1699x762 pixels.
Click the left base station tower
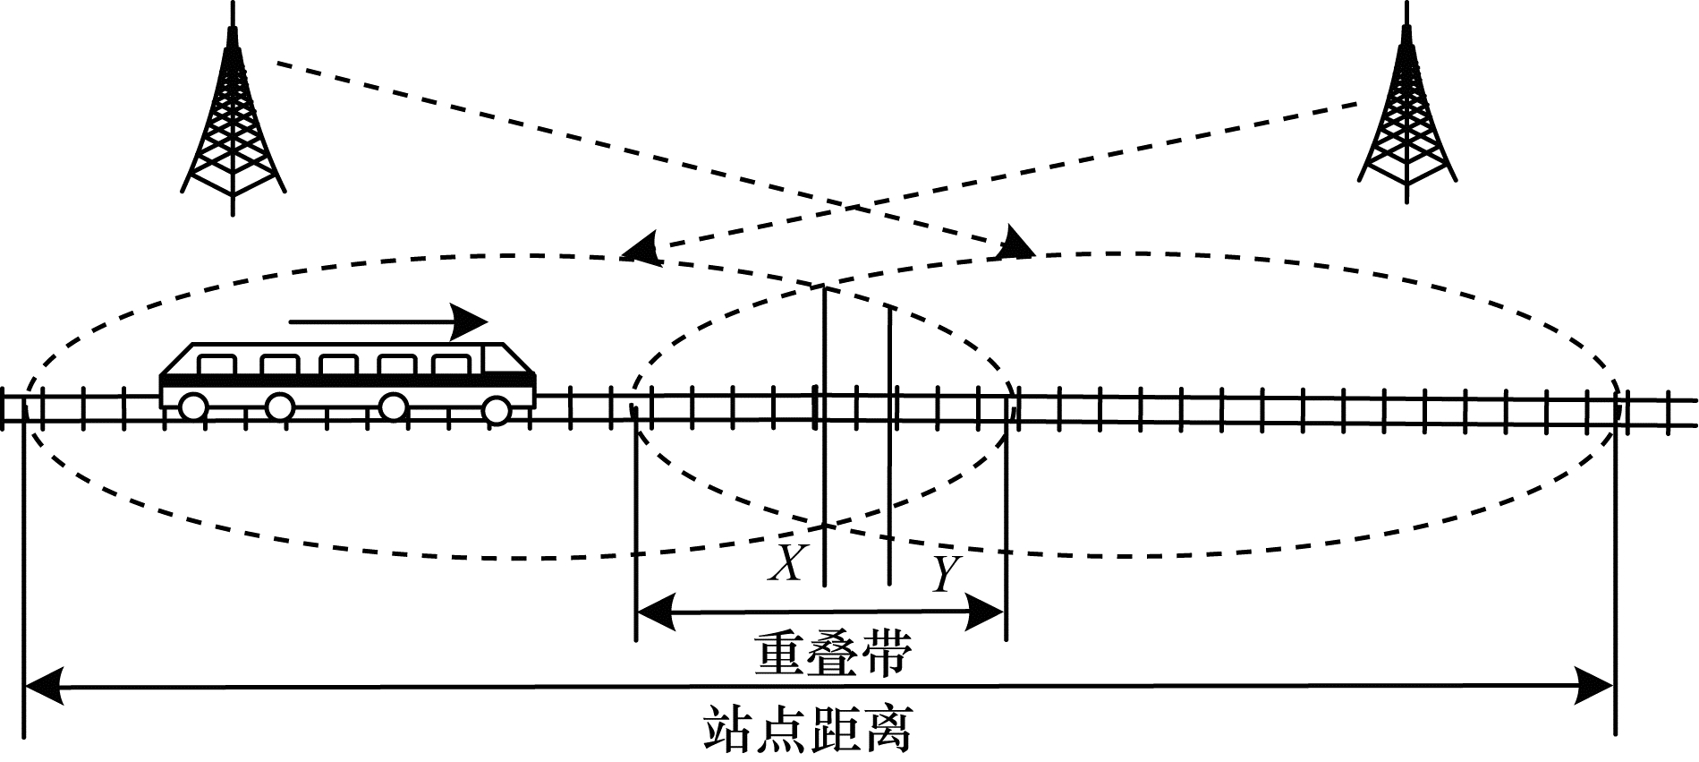coord(233,116)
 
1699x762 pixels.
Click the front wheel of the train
coord(497,409)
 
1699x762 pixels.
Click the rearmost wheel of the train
coord(191,407)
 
